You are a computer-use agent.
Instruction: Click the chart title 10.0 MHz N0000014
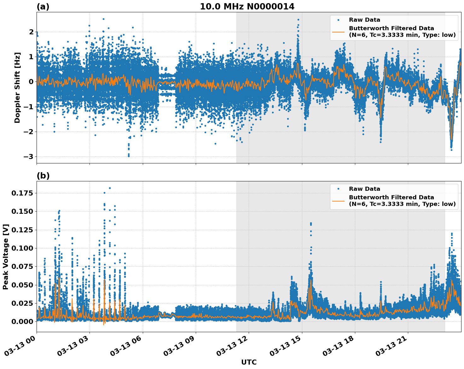(247, 7)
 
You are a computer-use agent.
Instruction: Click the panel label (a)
(43, 7)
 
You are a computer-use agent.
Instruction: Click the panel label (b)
(43, 176)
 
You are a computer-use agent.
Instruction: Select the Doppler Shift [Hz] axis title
(17, 88)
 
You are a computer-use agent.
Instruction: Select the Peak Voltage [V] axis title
(6, 257)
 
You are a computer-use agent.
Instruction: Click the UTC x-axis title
(249, 362)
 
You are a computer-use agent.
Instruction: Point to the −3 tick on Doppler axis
(29, 156)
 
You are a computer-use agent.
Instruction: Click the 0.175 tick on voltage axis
(22, 193)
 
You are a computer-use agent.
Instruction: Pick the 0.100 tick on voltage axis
(22, 248)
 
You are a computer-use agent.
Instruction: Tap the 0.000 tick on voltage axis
(22, 321)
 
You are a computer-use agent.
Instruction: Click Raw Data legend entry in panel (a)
(364, 20)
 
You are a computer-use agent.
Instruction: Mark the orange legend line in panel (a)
(338, 31)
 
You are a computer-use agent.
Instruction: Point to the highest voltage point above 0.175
(110, 188)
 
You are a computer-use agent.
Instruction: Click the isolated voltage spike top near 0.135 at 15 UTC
(311, 223)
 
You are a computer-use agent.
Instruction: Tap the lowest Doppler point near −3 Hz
(129, 156)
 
